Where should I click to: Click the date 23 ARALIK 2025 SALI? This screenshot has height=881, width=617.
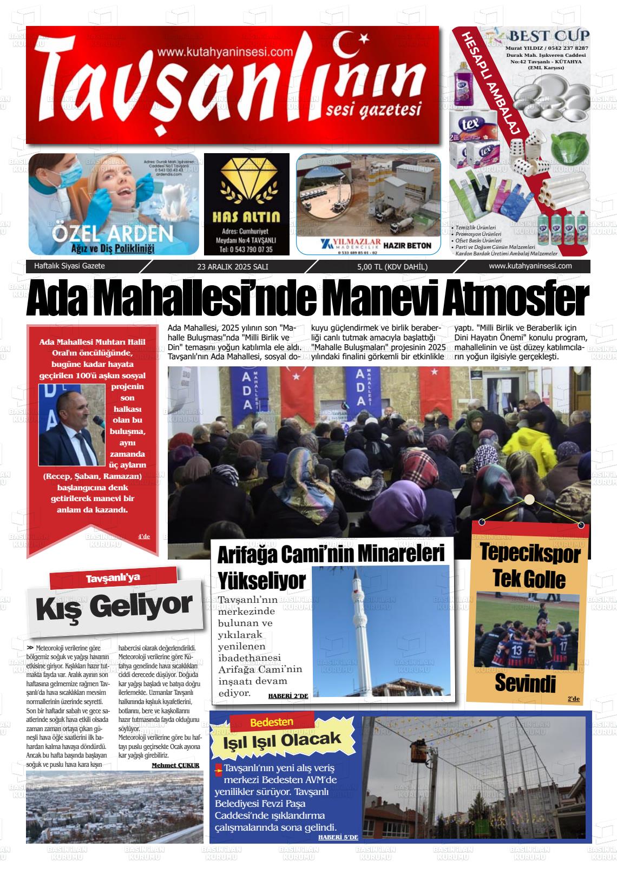pos(233,267)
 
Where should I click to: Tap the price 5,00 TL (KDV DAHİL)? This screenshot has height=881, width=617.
pos(392,267)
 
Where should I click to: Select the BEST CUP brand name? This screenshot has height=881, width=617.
pos(548,37)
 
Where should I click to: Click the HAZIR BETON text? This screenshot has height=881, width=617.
pos(407,246)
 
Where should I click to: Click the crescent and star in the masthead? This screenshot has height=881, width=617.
pos(352,46)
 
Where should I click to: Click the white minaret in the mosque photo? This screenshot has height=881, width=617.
pos(358,633)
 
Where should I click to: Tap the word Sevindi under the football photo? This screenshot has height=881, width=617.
pos(525,683)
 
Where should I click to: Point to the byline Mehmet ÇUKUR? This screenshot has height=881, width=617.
pos(176,765)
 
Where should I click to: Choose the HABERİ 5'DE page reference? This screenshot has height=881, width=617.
pos(338,837)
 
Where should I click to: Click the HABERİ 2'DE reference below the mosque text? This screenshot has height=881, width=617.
pos(288,696)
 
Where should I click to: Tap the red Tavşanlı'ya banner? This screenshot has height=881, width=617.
pos(113,577)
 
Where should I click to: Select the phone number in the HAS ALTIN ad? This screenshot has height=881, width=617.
pos(246,249)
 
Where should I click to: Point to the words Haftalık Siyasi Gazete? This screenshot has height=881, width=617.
pos(69,266)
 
